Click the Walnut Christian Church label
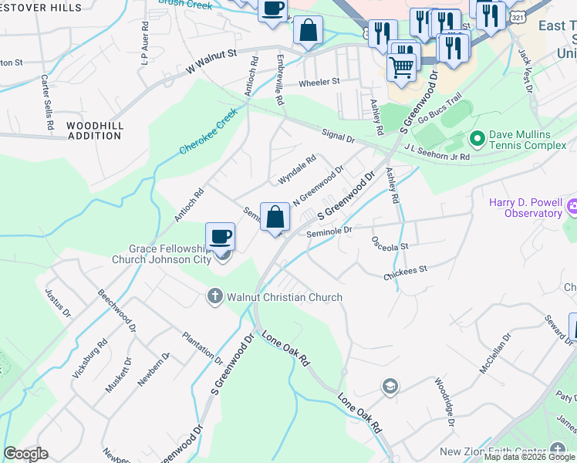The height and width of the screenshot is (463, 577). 284,297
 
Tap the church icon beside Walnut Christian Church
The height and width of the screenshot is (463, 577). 215,296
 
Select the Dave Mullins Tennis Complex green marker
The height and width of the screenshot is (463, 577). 477,139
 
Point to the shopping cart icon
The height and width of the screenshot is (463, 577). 401,68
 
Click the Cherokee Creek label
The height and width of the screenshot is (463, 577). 208,133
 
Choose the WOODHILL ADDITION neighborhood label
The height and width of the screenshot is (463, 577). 93,130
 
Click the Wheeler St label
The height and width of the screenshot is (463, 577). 319,82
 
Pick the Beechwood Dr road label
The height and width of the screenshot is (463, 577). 117,312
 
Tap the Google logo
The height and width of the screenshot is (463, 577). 25,454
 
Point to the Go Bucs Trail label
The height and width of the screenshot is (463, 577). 440,109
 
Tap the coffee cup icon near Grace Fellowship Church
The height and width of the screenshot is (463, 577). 221,236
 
